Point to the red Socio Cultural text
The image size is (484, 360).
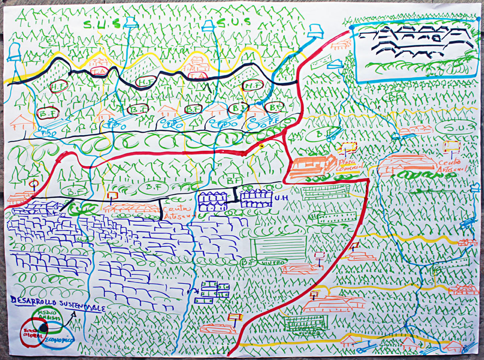[30, 333]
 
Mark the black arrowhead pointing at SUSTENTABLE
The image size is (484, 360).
[73, 314]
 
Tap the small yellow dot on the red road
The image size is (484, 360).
[262, 146]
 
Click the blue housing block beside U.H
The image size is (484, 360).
[256, 199]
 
